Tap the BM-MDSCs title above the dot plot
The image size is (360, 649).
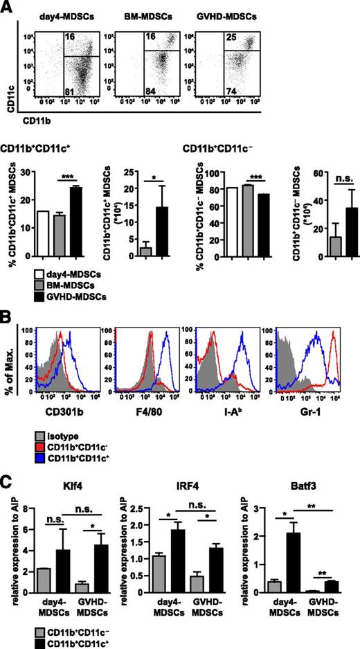tap(142, 13)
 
